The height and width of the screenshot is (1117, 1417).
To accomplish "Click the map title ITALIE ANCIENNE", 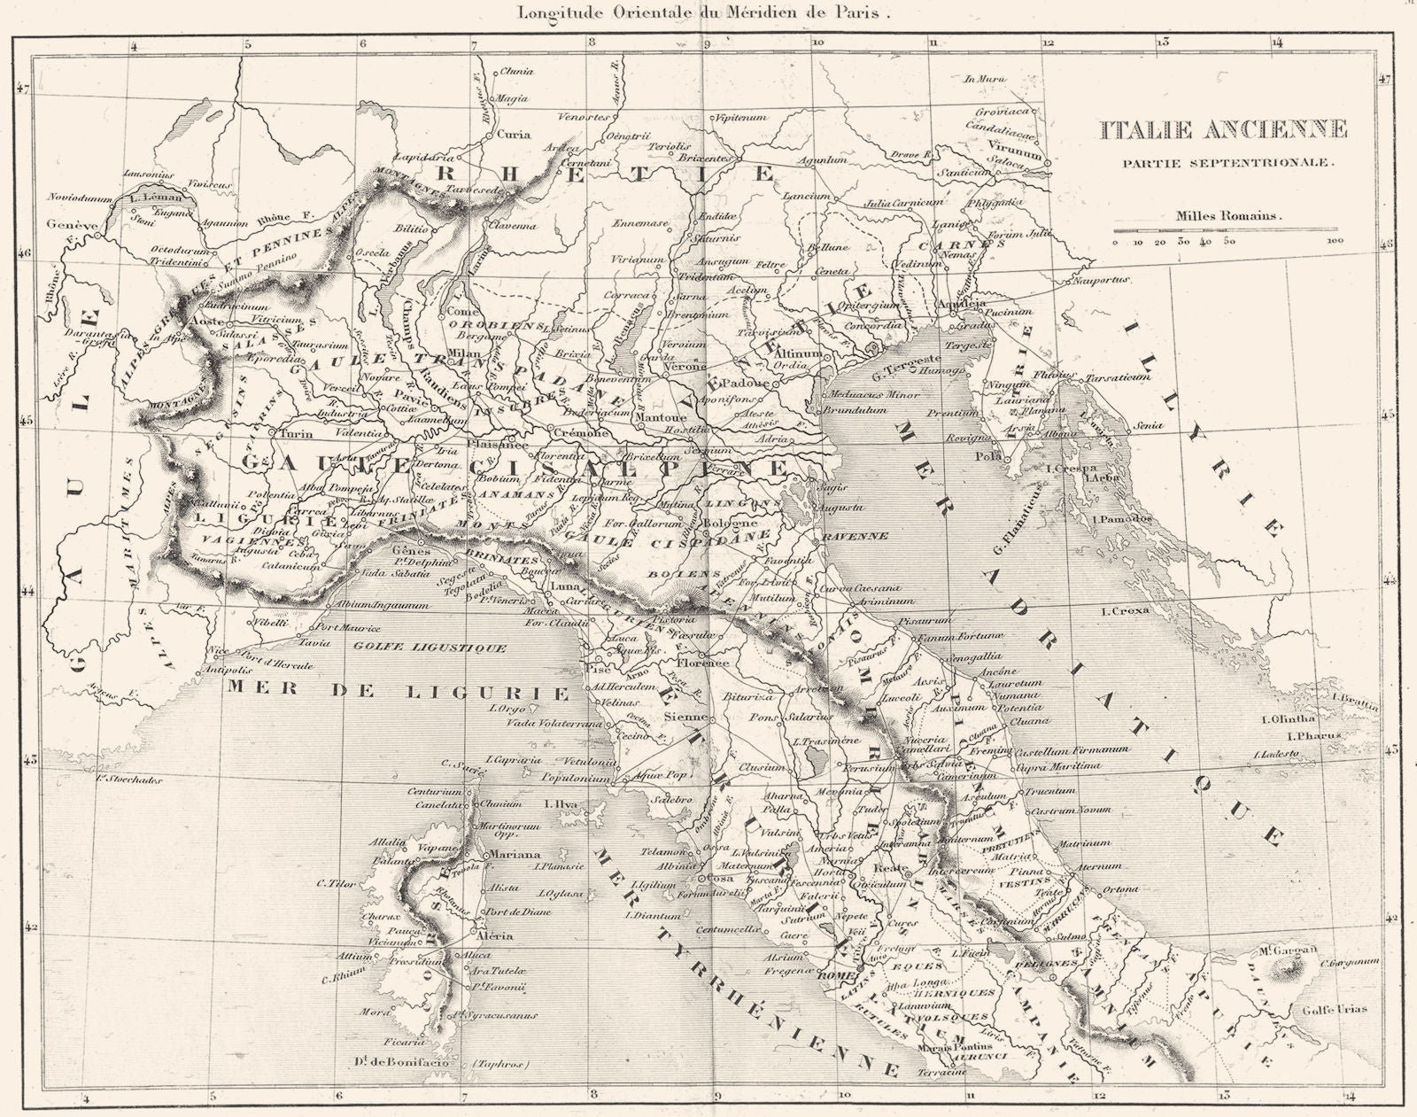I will pyautogui.click(x=1224, y=130).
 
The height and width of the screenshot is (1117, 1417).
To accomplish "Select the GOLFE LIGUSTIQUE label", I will pyautogui.click(x=430, y=648).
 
